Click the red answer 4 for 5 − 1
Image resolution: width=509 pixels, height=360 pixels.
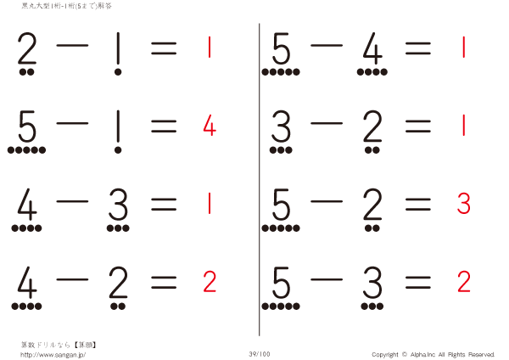210,127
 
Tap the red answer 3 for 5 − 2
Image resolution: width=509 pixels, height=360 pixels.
463,204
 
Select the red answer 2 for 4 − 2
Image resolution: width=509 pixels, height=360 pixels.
210,280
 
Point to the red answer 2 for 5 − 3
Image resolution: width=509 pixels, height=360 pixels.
463,280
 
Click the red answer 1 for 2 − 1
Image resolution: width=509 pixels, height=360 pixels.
209,48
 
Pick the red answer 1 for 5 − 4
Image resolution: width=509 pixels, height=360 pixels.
463,48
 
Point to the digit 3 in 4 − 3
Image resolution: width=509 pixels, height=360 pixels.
118,204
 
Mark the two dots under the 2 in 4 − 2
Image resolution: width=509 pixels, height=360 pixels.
118,305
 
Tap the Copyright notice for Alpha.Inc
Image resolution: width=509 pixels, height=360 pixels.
433,354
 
